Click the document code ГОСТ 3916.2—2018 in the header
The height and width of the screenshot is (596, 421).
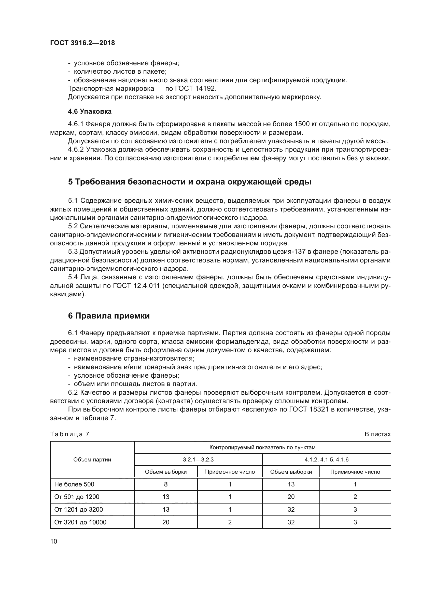tap(82, 43)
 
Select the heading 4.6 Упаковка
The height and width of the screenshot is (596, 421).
tap(90, 111)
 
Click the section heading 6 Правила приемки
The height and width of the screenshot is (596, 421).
tap(109, 316)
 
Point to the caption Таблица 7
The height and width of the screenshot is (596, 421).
tap(69, 434)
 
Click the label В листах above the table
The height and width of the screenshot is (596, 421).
tap(377, 434)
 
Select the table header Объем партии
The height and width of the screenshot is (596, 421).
tap(92, 460)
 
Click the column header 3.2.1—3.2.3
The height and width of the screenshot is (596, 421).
tap(198, 460)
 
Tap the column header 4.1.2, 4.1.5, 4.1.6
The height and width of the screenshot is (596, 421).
tap(326, 460)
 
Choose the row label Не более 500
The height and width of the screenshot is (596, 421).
tap(74, 484)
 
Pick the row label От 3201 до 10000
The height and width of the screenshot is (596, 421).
tap(80, 522)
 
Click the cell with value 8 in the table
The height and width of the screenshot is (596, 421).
tap(166, 484)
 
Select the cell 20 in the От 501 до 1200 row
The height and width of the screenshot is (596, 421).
tap(291, 497)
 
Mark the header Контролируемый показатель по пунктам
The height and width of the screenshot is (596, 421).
tap(262, 447)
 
